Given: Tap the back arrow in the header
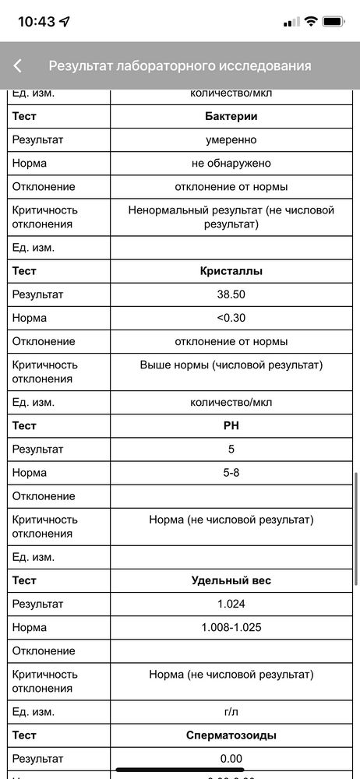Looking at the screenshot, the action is (x=18, y=66).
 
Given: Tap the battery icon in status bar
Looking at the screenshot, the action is (x=334, y=22).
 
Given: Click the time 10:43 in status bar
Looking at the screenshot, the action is (x=37, y=22).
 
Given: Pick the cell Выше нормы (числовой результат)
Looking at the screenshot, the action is (x=231, y=365).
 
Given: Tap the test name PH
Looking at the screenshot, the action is (x=231, y=426).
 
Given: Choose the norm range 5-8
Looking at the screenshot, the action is (x=231, y=473).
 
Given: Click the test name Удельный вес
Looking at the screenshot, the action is (x=231, y=580).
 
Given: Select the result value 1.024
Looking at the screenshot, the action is (x=231, y=604).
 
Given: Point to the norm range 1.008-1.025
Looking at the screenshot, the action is (x=231, y=627).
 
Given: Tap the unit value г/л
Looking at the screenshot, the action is (x=231, y=712).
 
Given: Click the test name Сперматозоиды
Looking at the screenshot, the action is (x=231, y=735).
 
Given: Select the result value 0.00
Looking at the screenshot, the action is (x=231, y=759).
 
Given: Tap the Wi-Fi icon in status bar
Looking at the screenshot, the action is (x=310, y=22).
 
